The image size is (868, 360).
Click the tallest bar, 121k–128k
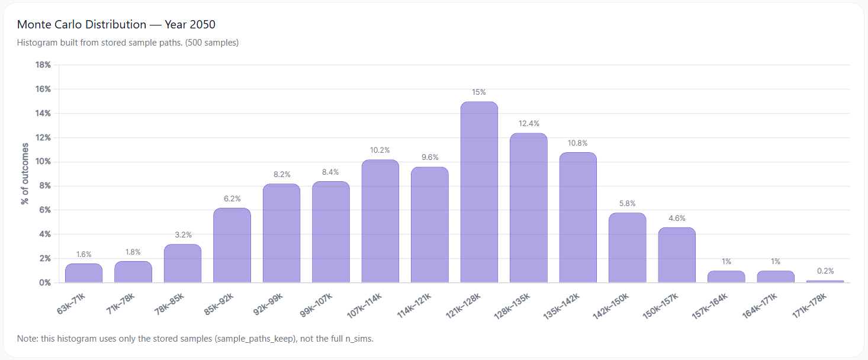(479, 192)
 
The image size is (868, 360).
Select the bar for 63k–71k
(83, 273)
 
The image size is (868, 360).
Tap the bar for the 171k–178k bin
(825, 281)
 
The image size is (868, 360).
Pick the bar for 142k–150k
(627, 247)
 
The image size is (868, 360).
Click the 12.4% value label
(528, 124)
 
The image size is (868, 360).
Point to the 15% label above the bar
(479, 92)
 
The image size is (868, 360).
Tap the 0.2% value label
(825, 271)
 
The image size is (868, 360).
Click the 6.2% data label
(232, 199)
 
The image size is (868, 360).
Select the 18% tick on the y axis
(43, 65)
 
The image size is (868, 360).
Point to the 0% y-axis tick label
(45, 282)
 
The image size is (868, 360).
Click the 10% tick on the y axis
(43, 162)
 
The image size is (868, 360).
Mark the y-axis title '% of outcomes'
(25, 173)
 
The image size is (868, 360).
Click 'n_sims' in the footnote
(358, 339)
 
